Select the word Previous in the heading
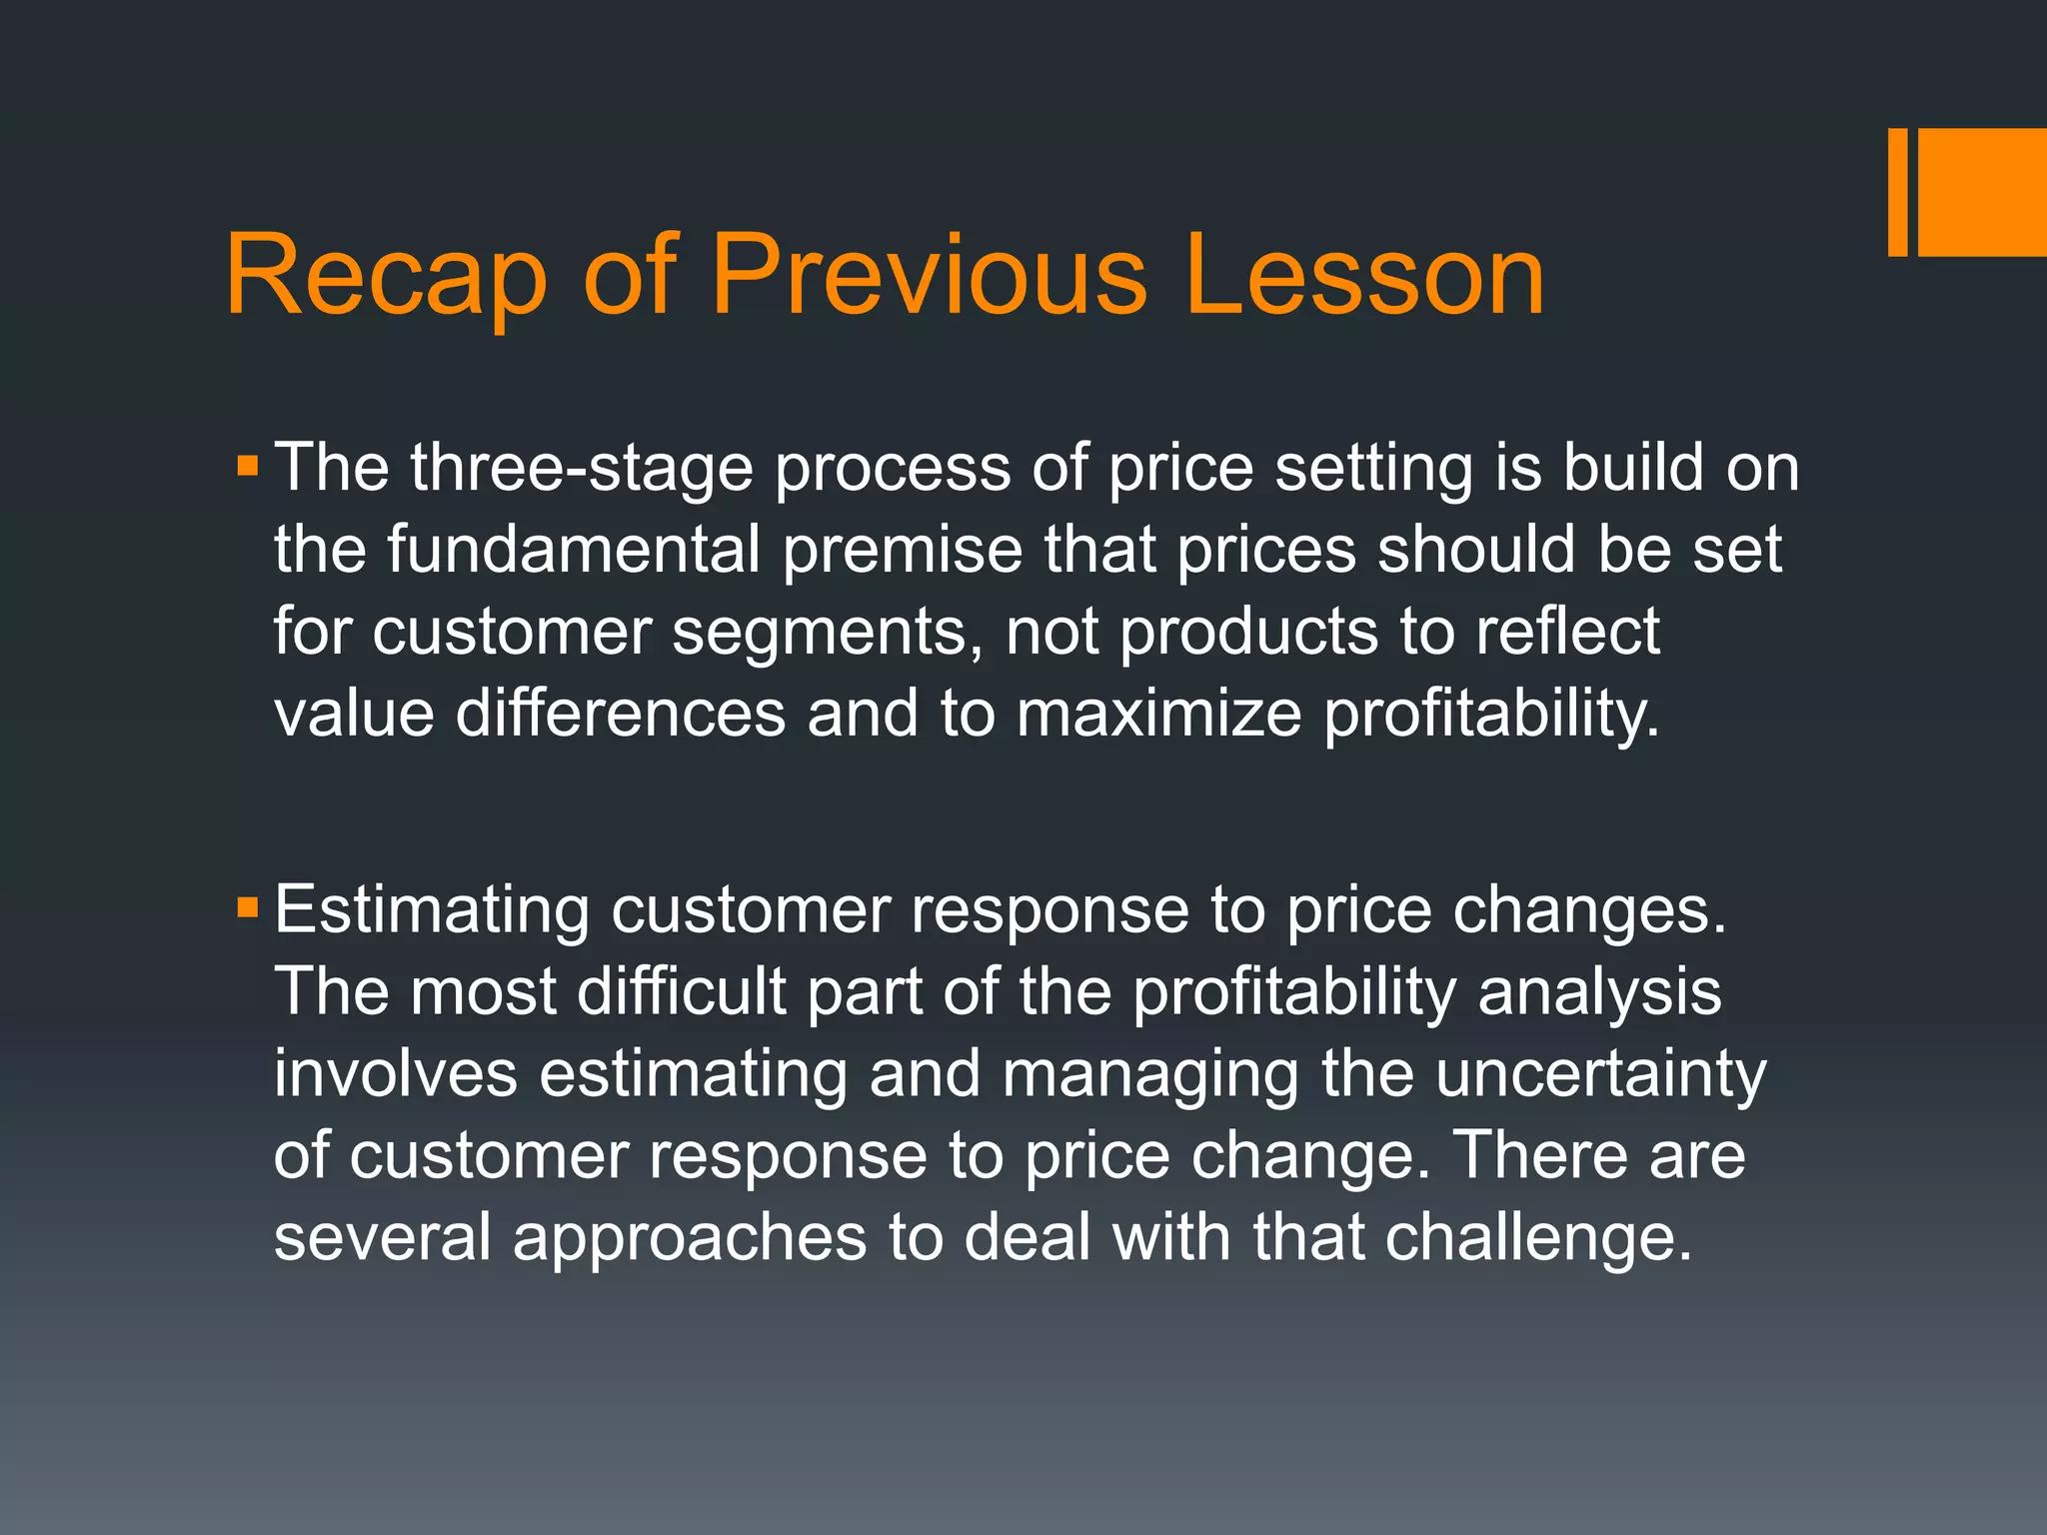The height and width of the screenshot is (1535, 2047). pos(929,276)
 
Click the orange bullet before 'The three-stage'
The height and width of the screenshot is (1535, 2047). pos(248,467)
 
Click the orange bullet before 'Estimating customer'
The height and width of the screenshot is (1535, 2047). pos(248,908)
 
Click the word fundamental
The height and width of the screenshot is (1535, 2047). pos(574,550)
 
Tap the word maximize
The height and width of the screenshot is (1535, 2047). pos(1159,714)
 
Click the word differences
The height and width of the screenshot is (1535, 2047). pos(621,714)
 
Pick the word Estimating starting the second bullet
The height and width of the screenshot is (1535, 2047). pos(432,911)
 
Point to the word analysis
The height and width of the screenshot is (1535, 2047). pos(1599,994)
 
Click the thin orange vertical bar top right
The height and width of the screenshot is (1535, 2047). pos(1897,192)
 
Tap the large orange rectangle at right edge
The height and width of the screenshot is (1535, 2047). pos(1983,192)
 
